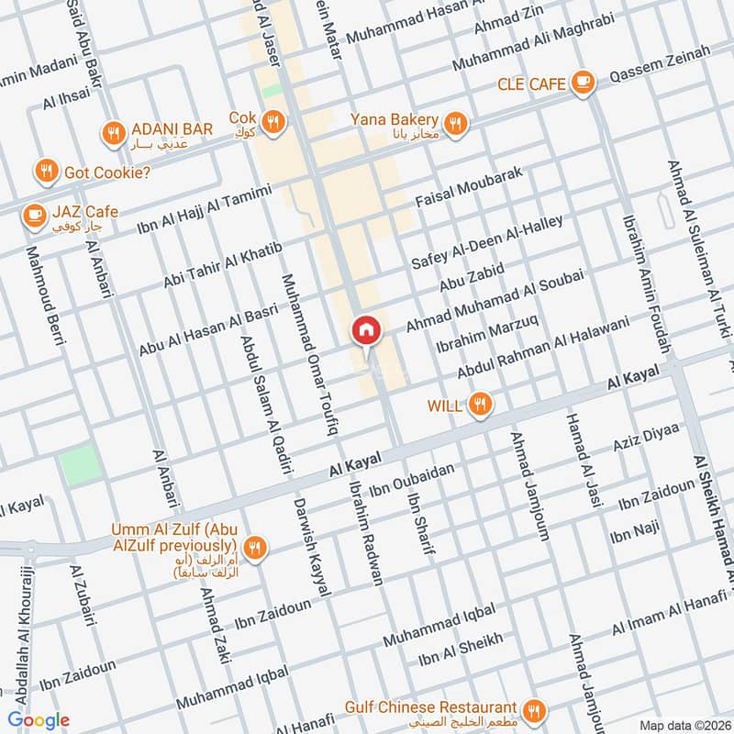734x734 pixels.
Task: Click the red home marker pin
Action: (365, 331)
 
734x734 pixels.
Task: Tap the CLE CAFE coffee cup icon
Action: (582, 83)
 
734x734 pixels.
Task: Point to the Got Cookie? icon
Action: (46, 171)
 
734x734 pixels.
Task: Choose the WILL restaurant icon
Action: (478, 404)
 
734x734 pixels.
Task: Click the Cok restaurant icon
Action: (272, 120)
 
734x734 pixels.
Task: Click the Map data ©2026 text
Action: (684, 725)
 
